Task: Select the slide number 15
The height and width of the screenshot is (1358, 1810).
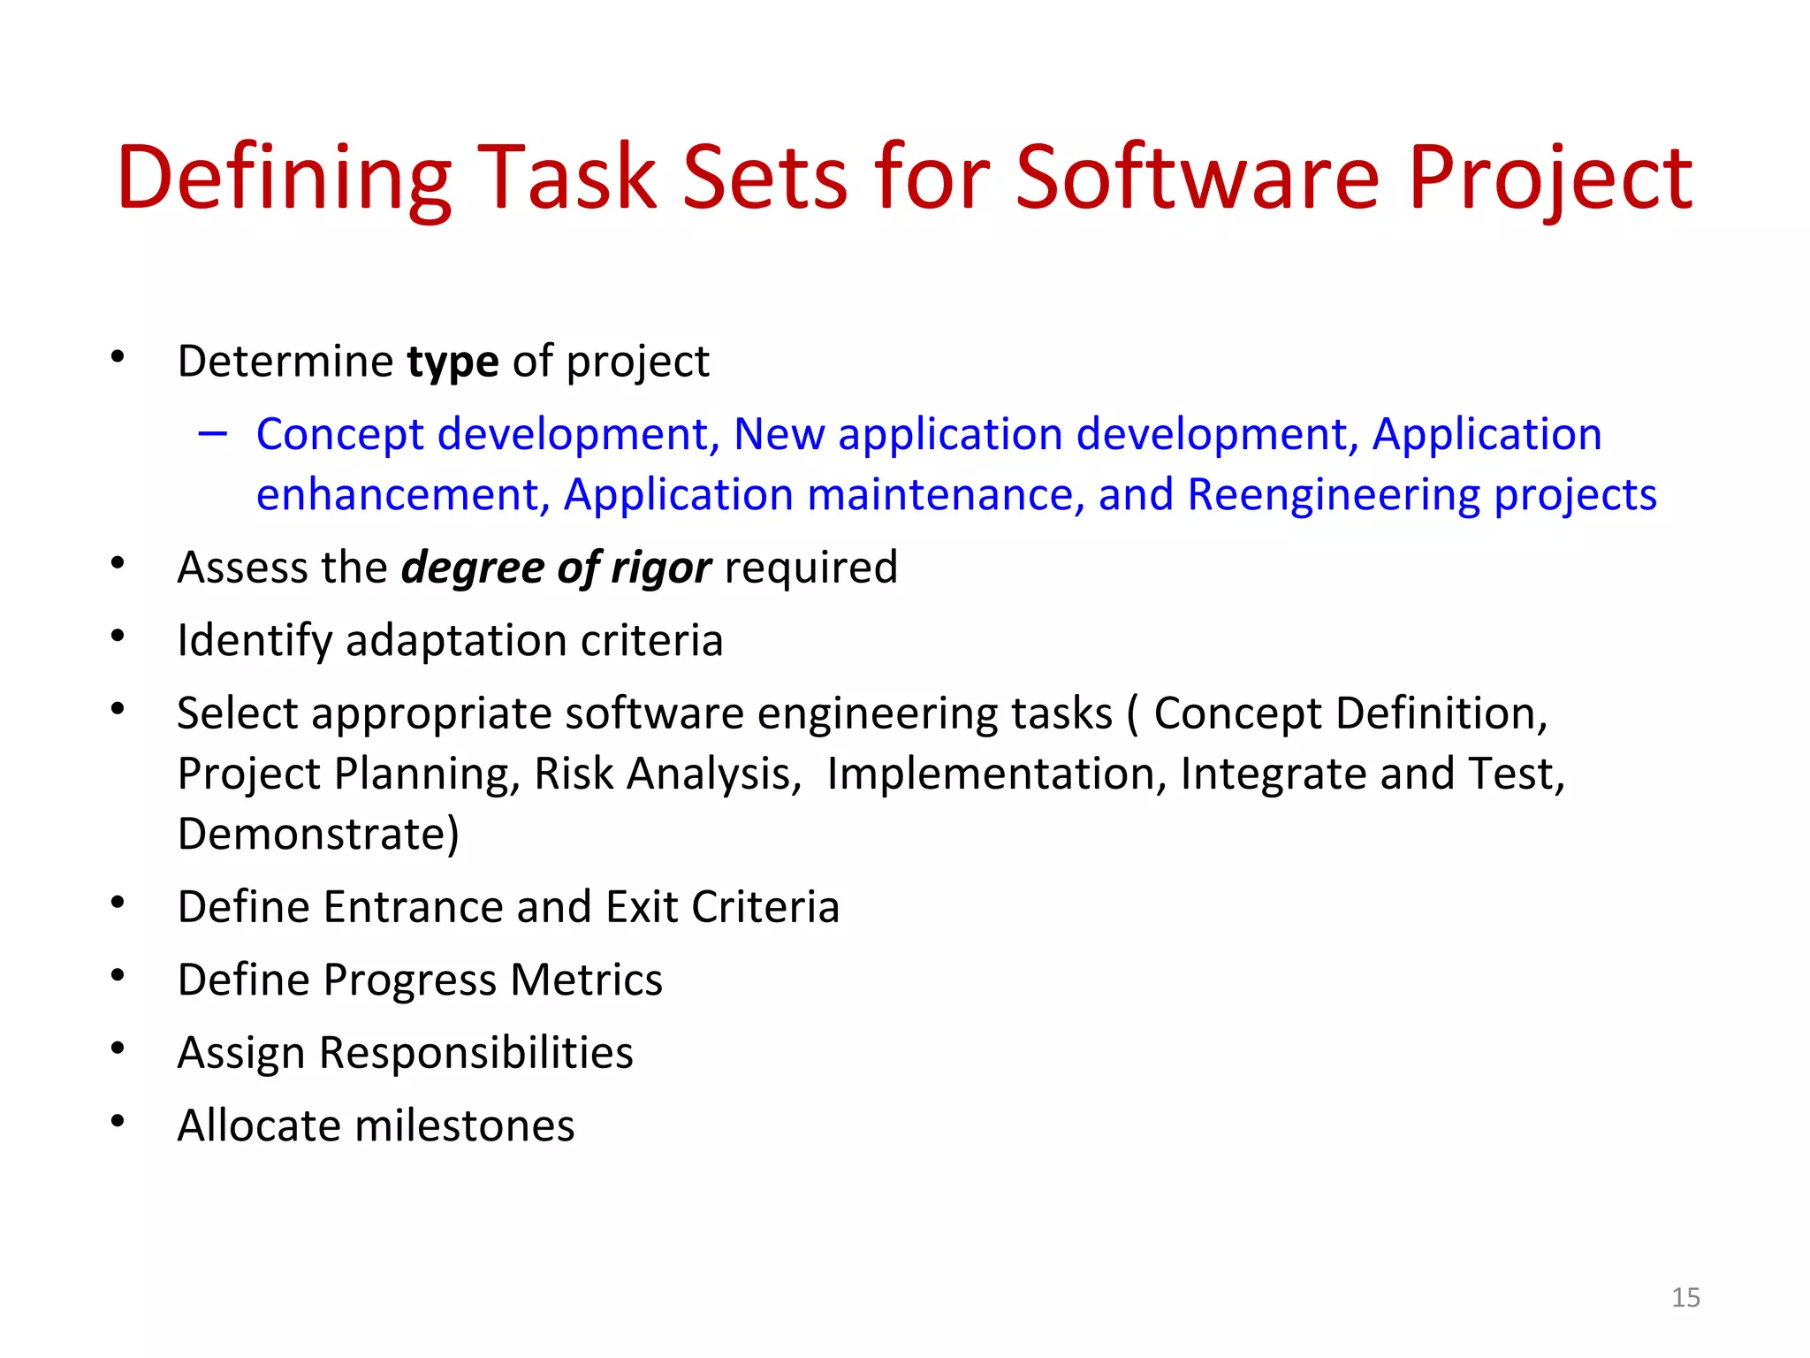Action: (1685, 1297)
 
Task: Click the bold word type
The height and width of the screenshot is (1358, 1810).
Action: (452, 362)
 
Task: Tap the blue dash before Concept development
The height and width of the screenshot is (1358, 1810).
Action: (213, 434)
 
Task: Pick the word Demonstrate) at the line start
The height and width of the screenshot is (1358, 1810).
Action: (318, 834)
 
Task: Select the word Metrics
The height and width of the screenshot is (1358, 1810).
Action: (586, 980)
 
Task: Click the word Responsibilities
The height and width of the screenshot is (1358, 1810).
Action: (475, 1052)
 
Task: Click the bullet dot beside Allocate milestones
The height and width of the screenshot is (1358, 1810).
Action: (118, 1121)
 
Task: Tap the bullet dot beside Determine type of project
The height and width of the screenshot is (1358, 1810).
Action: (118, 357)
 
